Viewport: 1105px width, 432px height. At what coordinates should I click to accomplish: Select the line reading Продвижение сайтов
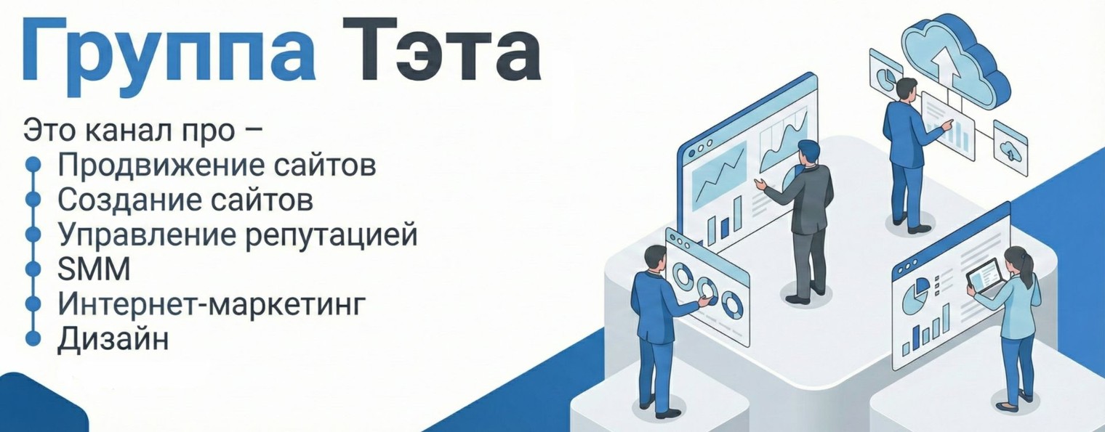[x=217, y=165]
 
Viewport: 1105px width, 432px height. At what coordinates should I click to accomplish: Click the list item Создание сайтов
[x=185, y=200]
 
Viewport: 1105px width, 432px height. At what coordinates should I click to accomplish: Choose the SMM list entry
[x=94, y=269]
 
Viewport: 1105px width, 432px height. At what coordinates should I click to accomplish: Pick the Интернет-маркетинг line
[x=209, y=304]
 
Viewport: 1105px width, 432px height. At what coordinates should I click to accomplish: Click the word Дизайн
[x=113, y=338]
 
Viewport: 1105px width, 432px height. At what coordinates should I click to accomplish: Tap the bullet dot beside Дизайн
[x=32, y=338]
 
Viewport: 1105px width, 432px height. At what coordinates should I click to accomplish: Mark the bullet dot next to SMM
[x=32, y=269]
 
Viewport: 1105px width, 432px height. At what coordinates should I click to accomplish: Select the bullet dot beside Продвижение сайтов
[x=32, y=165]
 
